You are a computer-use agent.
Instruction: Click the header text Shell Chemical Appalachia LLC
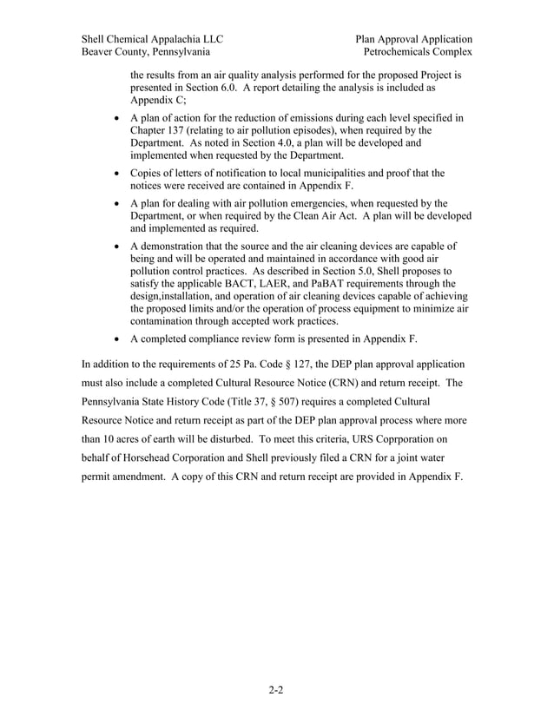coord(152,39)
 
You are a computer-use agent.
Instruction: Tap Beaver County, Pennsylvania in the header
coord(145,53)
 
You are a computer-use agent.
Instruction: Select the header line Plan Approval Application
coord(413,39)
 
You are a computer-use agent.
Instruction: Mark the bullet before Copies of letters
coord(117,173)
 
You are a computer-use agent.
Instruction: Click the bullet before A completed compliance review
coord(117,339)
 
